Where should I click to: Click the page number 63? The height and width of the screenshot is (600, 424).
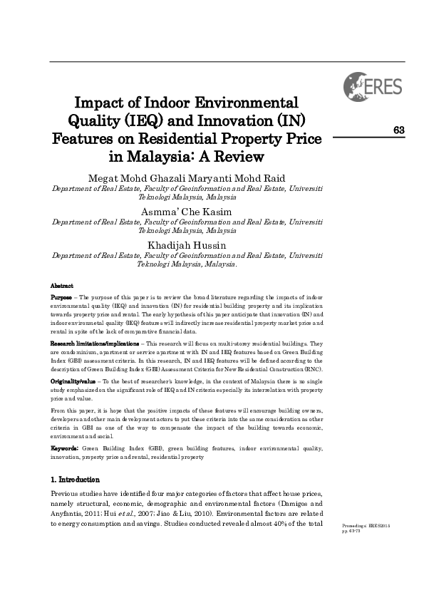point(398,129)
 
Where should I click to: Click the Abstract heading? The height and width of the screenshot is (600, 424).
point(63,285)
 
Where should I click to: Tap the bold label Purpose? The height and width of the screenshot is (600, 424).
point(62,297)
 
